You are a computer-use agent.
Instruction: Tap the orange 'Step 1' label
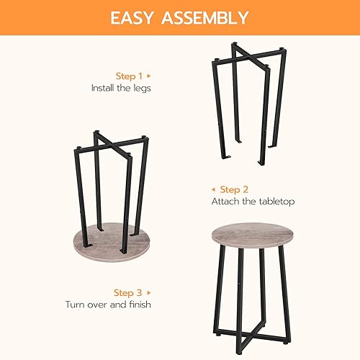(130, 75)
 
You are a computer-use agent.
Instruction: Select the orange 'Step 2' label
(234, 189)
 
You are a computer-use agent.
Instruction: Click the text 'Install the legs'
(121, 88)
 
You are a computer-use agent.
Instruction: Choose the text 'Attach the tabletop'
(253, 202)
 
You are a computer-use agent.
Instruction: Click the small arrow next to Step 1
(149, 75)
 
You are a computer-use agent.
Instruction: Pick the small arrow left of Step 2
(213, 189)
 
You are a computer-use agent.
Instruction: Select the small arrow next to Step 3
(149, 292)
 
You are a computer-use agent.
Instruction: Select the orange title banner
(180, 17)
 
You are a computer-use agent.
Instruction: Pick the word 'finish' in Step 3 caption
(138, 305)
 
